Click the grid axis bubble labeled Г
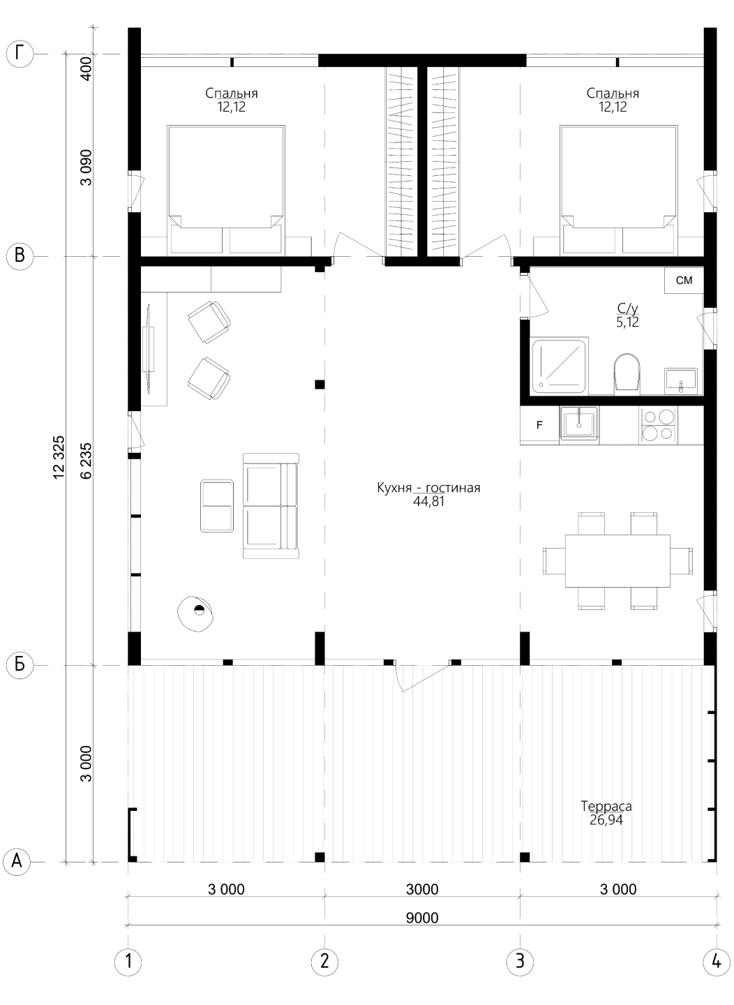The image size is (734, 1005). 20,54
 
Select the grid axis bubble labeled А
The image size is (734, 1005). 17,862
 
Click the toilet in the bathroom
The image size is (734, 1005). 626,371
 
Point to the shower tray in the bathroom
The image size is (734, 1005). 559,366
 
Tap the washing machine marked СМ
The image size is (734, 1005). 684,281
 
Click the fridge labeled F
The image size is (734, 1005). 540,425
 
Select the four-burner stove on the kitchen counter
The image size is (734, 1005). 658,425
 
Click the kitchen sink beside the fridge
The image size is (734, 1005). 579,422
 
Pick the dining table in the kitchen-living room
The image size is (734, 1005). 617,560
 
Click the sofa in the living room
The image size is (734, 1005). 271,505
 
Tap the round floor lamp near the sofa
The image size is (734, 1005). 196,613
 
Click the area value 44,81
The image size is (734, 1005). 428,502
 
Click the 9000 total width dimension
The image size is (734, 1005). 422,918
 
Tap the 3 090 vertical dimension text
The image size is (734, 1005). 86,167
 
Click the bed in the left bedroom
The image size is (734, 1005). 226,191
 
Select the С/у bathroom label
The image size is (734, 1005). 627,308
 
